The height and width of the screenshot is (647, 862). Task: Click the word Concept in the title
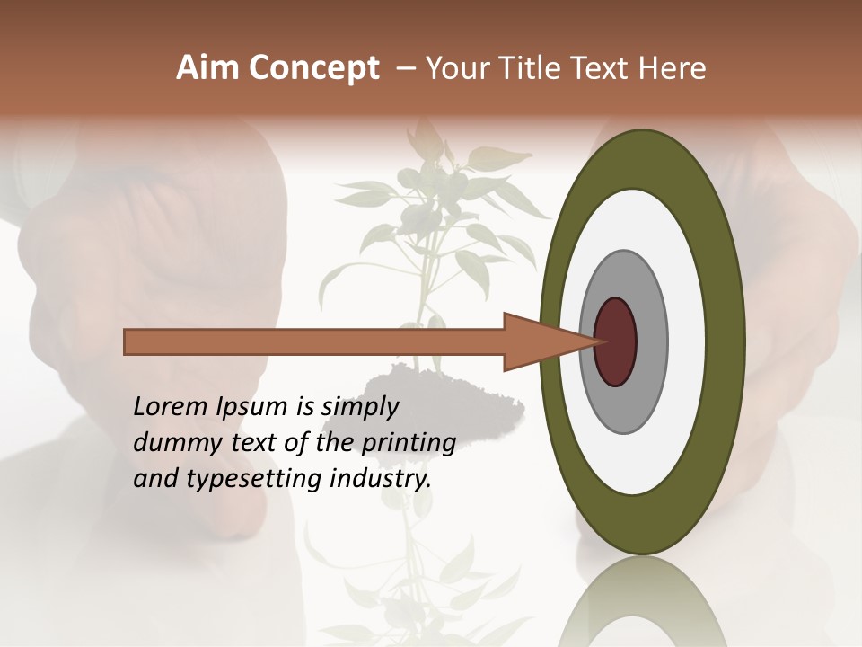[x=313, y=68]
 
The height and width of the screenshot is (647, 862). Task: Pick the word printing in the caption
[x=409, y=443]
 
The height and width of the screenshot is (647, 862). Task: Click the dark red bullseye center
[x=616, y=341]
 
